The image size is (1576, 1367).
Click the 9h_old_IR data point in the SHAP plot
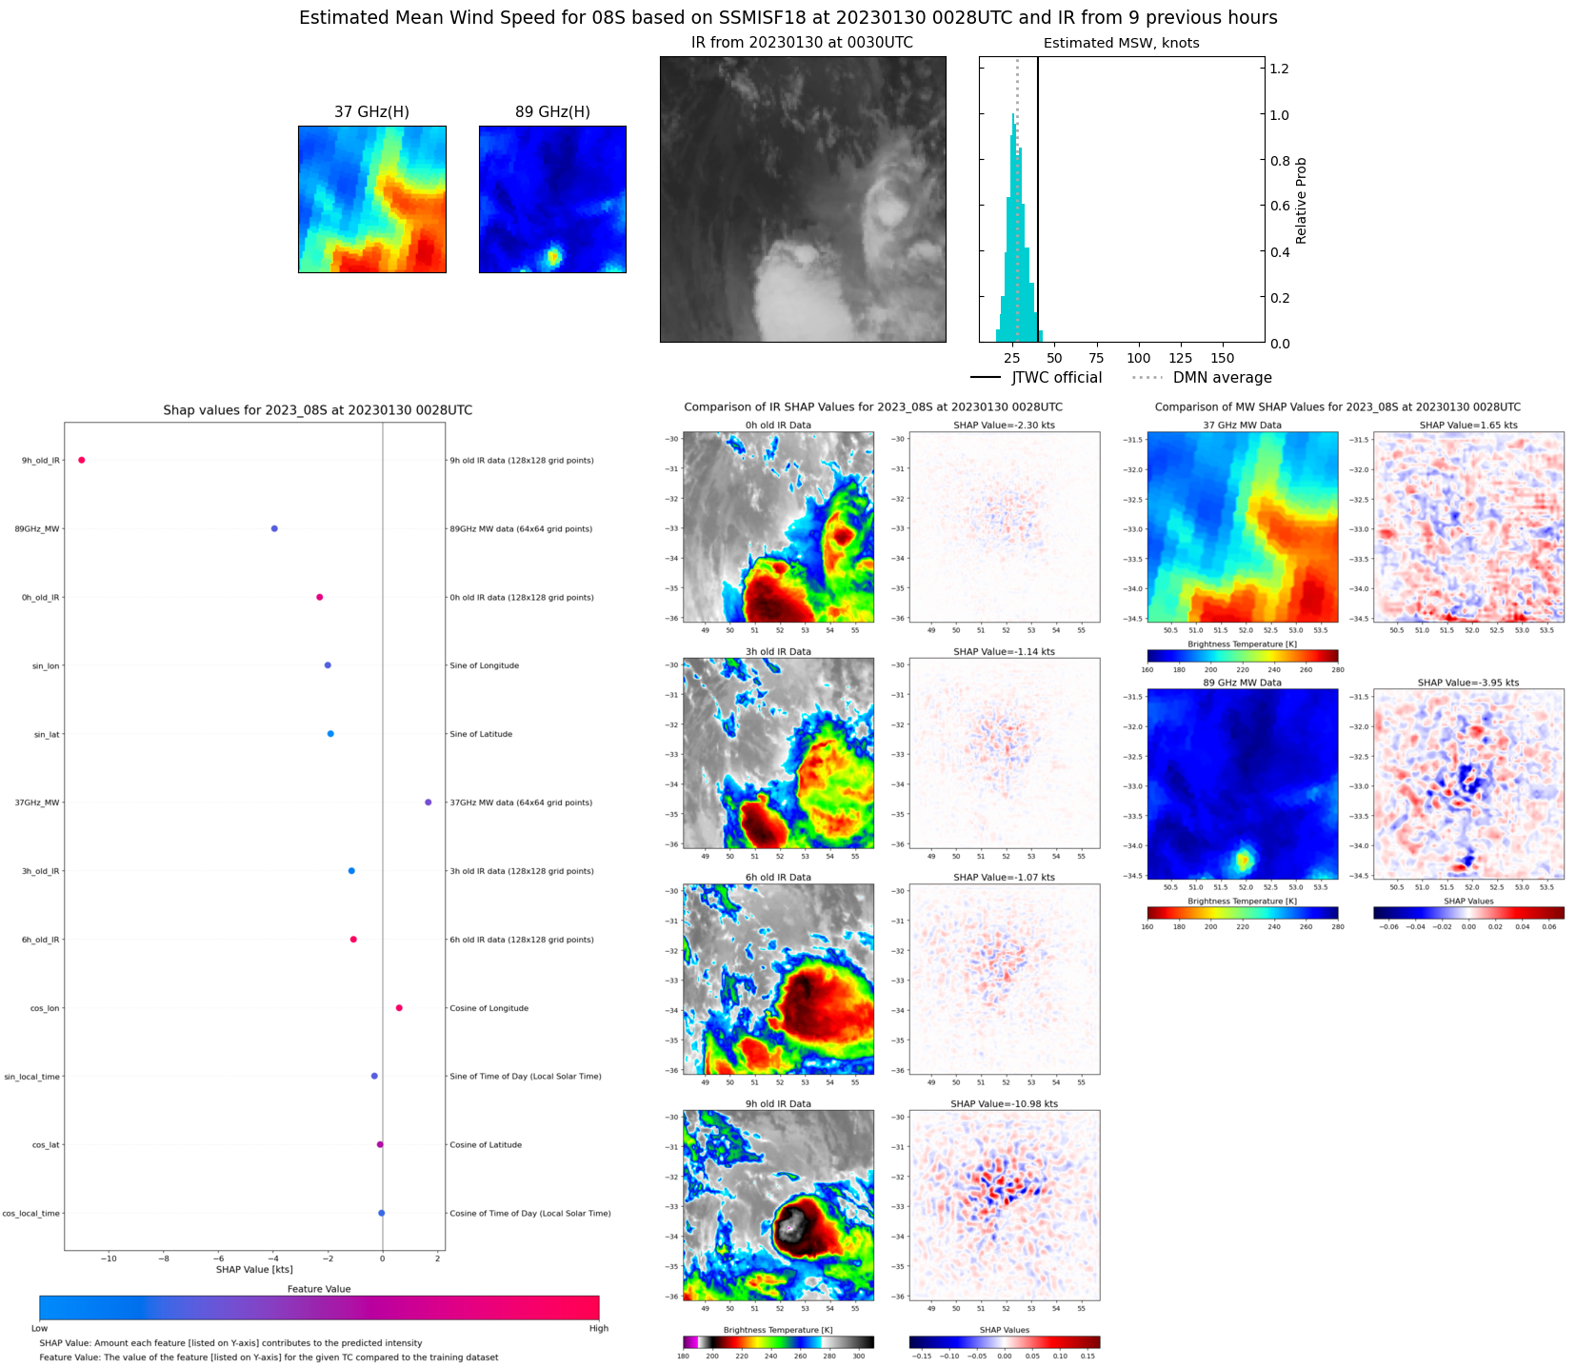coord(82,460)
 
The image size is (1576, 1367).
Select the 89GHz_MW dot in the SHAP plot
coord(274,528)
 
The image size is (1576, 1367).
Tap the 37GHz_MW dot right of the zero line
coord(428,802)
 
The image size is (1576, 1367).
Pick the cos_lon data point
coord(399,1008)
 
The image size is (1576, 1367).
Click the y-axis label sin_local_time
coord(31,1077)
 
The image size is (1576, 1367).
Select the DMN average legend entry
coord(1202,378)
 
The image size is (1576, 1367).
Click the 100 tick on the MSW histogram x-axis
coord(1138,358)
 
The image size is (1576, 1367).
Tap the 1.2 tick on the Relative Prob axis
coord(1279,69)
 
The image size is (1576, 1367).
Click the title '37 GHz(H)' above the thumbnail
coord(371,112)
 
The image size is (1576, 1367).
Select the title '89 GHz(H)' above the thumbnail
coord(552,112)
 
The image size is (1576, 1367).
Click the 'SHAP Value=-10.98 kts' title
coord(1004,1104)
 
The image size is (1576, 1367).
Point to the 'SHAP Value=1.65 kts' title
coord(1467,426)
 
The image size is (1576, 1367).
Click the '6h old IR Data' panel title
coord(778,878)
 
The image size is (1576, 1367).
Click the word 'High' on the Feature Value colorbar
coord(598,1328)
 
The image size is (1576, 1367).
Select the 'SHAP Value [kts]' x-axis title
coord(254,1269)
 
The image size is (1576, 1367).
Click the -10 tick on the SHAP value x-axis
coord(110,1258)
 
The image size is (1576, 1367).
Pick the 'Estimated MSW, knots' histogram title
coord(1121,43)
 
